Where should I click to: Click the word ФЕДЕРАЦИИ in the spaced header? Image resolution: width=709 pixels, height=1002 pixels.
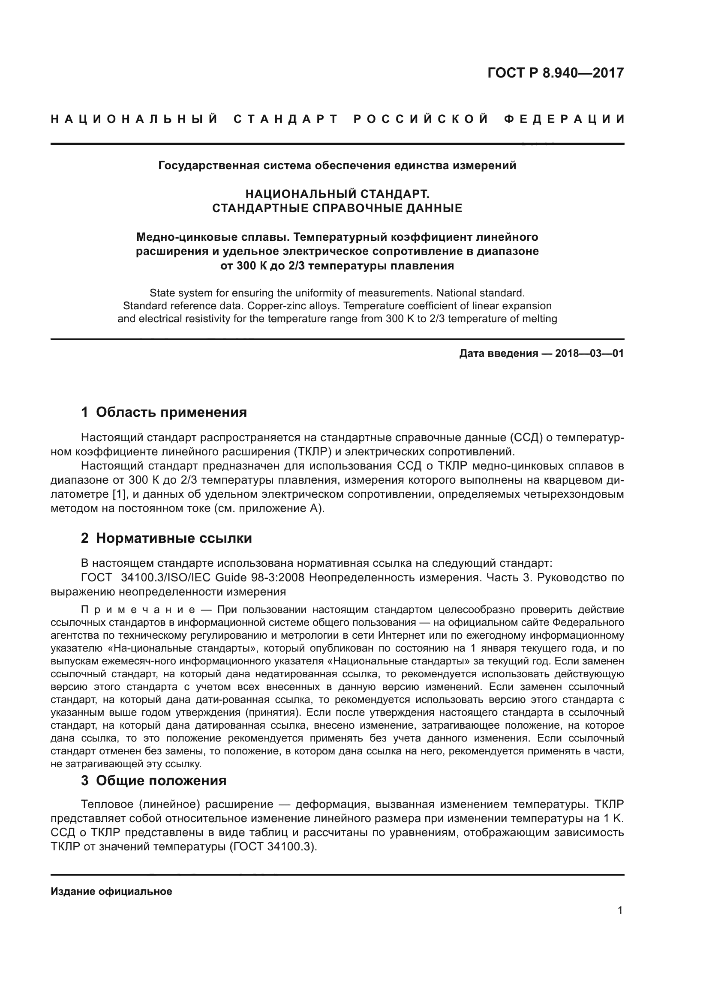pyautogui.click(x=564, y=119)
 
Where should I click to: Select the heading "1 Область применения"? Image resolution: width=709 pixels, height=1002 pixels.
pyautogui.click(x=164, y=412)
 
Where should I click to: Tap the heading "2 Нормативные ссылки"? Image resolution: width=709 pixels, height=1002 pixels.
pyautogui.click(x=166, y=538)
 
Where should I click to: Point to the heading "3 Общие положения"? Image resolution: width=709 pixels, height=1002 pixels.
pyautogui.click(x=154, y=780)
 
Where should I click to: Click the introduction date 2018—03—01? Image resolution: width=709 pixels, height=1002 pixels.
pyautogui.click(x=589, y=353)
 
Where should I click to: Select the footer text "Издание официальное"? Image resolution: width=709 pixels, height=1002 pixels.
pyautogui.click(x=111, y=891)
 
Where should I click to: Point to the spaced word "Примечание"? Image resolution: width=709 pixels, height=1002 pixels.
pyautogui.click(x=138, y=610)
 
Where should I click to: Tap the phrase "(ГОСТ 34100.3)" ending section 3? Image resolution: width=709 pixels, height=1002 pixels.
pyautogui.click(x=273, y=846)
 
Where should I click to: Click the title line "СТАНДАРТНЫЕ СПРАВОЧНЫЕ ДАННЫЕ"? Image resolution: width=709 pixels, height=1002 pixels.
pyautogui.click(x=337, y=208)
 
